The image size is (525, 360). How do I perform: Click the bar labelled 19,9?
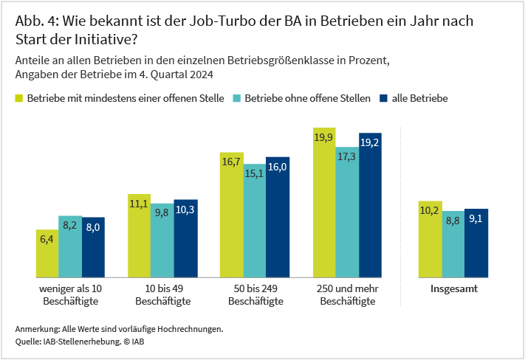coord(325,203)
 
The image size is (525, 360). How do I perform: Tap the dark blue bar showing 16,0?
coord(278,218)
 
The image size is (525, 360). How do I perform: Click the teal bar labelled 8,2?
coord(70,247)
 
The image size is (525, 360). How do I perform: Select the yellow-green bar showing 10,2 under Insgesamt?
coord(430,240)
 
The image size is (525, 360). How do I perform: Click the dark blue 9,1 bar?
coord(476,243)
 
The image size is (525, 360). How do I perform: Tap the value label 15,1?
coord(255,174)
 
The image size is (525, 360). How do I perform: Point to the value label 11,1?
coord(140,204)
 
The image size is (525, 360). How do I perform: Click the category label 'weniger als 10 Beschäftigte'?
coord(70,295)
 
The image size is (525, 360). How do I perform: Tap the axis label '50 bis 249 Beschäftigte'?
coord(255,295)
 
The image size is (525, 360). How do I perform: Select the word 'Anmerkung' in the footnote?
coord(37,328)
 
